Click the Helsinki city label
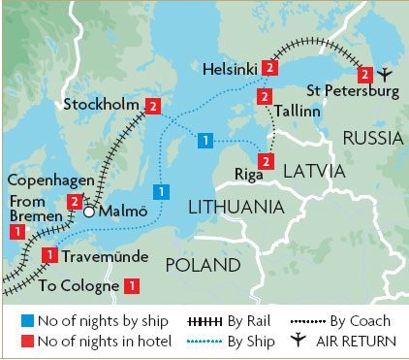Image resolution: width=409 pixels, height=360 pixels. [229, 69]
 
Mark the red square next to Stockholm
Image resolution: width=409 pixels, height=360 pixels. [152, 106]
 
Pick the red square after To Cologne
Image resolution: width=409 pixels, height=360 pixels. [132, 286]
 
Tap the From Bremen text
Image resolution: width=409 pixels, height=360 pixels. [26, 208]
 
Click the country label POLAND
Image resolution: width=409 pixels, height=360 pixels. [202, 265]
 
